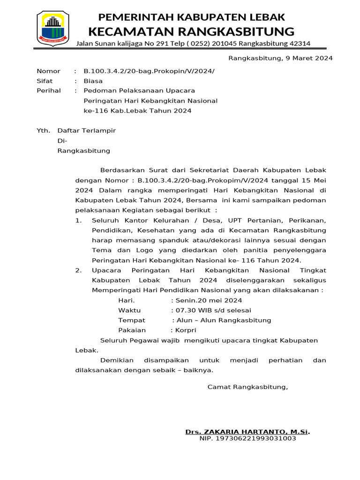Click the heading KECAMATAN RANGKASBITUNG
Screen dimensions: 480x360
191,31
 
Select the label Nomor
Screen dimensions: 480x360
48,71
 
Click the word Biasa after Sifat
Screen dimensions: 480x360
93,81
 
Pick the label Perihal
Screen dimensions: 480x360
49,90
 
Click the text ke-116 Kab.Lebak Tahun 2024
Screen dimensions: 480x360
137,111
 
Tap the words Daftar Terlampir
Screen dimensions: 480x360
86,131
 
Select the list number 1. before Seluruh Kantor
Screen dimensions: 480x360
79,221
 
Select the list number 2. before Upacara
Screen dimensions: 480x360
79,270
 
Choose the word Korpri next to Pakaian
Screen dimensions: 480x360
185,330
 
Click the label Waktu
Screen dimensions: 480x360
129,310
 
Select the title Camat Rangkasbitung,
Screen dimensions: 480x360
247,387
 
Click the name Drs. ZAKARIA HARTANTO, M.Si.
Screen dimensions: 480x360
247,431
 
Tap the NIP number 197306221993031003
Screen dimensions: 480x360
247,439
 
